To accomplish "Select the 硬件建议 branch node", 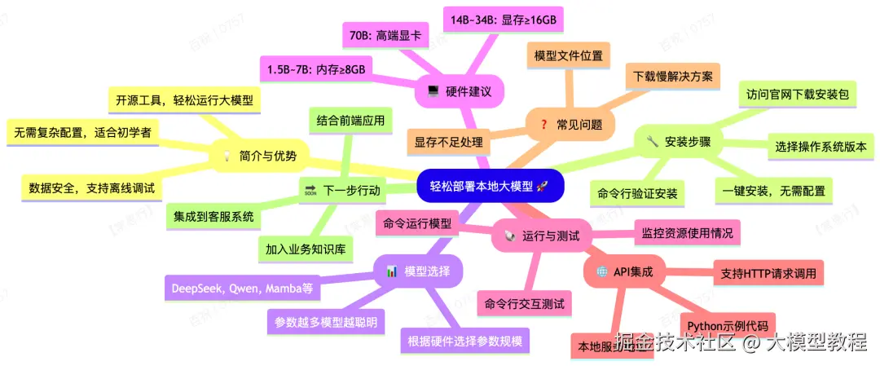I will pyautogui.click(x=460, y=91).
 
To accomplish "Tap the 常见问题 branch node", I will pyautogui.click(x=571, y=125).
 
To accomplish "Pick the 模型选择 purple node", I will pyautogui.click(x=418, y=271).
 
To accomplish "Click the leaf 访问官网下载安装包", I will pyautogui.click(x=797, y=94).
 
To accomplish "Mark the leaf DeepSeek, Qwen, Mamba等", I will pyautogui.click(x=240, y=288).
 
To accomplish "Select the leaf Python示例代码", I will pyautogui.click(x=728, y=324).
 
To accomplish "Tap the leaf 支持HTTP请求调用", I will pyautogui.click(x=768, y=272).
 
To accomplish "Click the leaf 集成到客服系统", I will pyautogui.click(x=213, y=218).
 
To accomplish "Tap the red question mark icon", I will pyautogui.click(x=543, y=125).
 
